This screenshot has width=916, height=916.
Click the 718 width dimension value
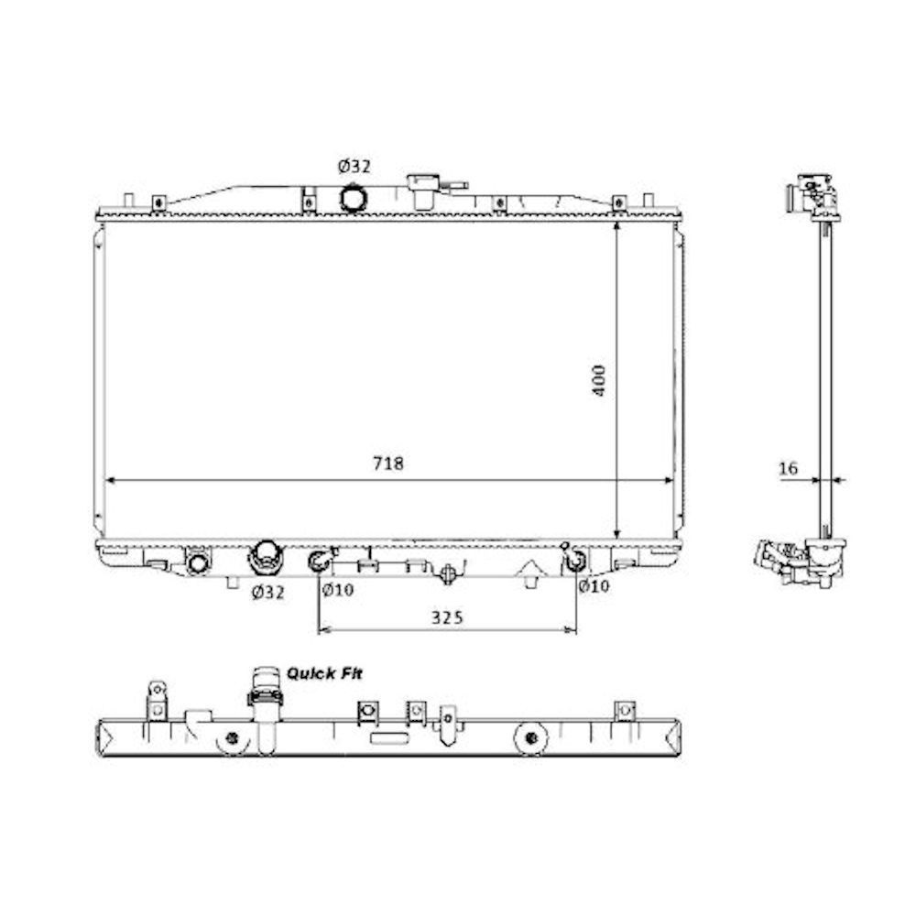(388, 463)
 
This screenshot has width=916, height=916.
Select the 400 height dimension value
(599, 381)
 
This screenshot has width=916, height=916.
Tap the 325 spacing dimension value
(447, 617)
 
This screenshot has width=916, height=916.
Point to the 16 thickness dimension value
(788, 468)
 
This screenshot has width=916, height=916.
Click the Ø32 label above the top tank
(354, 167)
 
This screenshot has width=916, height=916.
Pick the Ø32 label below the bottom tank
(268, 593)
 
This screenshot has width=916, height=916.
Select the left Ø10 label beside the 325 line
(338, 590)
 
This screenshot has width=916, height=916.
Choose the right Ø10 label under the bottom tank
(594, 585)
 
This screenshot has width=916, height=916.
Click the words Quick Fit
(324, 673)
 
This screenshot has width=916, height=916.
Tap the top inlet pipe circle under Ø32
(354, 198)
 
